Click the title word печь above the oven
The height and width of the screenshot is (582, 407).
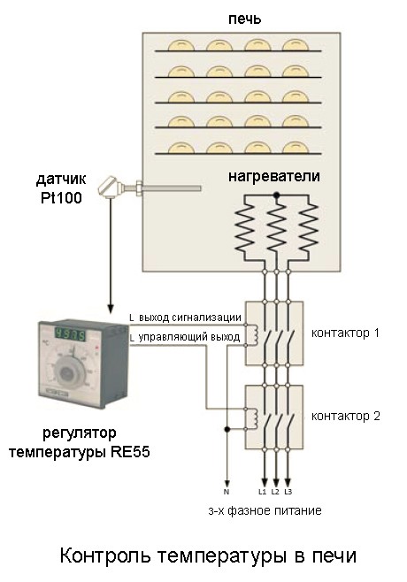click(x=245, y=19)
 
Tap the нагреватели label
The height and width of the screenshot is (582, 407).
click(x=274, y=175)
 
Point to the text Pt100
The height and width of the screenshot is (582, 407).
click(x=61, y=198)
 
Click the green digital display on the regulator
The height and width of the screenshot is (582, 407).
click(x=71, y=334)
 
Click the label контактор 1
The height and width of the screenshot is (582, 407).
click(x=345, y=333)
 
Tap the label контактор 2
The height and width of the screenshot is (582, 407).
click(x=346, y=416)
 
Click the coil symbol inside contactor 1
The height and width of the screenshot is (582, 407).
click(x=254, y=334)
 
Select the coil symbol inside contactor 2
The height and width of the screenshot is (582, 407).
click(x=254, y=418)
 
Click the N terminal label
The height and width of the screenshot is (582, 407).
click(x=227, y=492)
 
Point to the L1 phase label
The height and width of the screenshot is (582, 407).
click(x=263, y=492)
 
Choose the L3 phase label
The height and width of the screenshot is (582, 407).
click(x=288, y=492)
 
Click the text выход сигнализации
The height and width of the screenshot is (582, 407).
click(x=190, y=318)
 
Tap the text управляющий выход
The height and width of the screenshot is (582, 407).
click(x=189, y=337)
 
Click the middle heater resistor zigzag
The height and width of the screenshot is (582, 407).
click(x=276, y=229)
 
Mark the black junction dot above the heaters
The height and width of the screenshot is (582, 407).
click(x=276, y=195)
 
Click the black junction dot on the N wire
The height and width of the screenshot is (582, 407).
click(x=227, y=430)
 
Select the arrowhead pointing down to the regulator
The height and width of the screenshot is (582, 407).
click(x=111, y=308)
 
